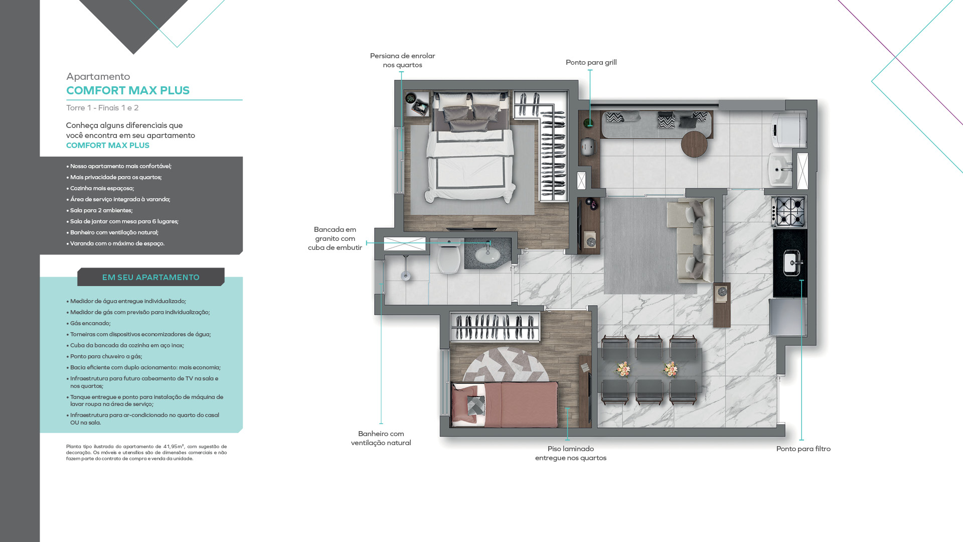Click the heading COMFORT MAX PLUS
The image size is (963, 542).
(x=128, y=90)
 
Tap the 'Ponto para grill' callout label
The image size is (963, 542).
(x=591, y=62)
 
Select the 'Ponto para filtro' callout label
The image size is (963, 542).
(x=804, y=449)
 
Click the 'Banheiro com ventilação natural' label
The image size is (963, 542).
(x=381, y=438)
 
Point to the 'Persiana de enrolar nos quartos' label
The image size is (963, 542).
(x=402, y=60)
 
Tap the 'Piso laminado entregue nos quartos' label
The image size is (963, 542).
(x=571, y=453)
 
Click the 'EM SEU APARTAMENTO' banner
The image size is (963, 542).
(x=151, y=277)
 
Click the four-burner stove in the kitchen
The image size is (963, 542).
(x=789, y=211)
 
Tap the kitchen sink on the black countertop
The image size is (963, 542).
(x=792, y=262)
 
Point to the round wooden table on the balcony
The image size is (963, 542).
(x=694, y=144)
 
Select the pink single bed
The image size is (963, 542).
(x=505, y=404)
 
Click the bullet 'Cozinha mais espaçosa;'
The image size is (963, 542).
(x=100, y=188)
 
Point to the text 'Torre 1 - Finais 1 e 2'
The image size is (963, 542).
(x=102, y=108)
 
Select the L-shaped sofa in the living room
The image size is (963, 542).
(x=690, y=239)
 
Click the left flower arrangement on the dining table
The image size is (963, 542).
(x=623, y=369)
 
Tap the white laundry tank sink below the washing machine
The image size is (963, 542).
(x=780, y=170)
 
